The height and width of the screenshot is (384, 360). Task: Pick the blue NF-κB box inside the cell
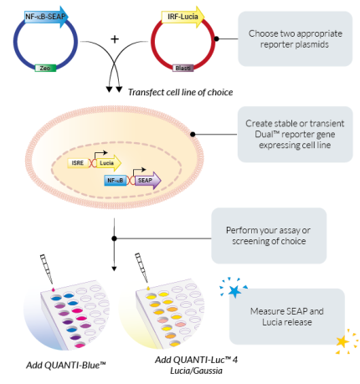tap(116, 180)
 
